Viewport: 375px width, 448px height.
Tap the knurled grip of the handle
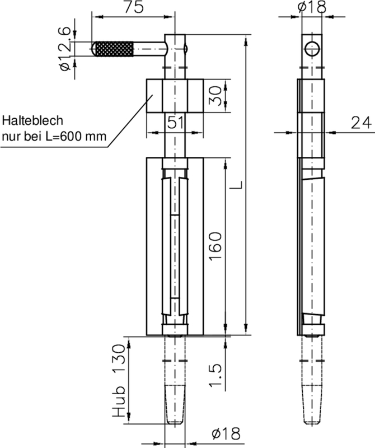(x=114, y=49)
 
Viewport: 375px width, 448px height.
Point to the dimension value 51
(x=175, y=122)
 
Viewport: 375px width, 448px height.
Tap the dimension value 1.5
(x=217, y=375)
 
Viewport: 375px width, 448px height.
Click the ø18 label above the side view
(x=312, y=7)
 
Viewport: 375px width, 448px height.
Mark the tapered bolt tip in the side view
(x=312, y=403)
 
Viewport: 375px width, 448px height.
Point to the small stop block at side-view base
(x=312, y=329)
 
